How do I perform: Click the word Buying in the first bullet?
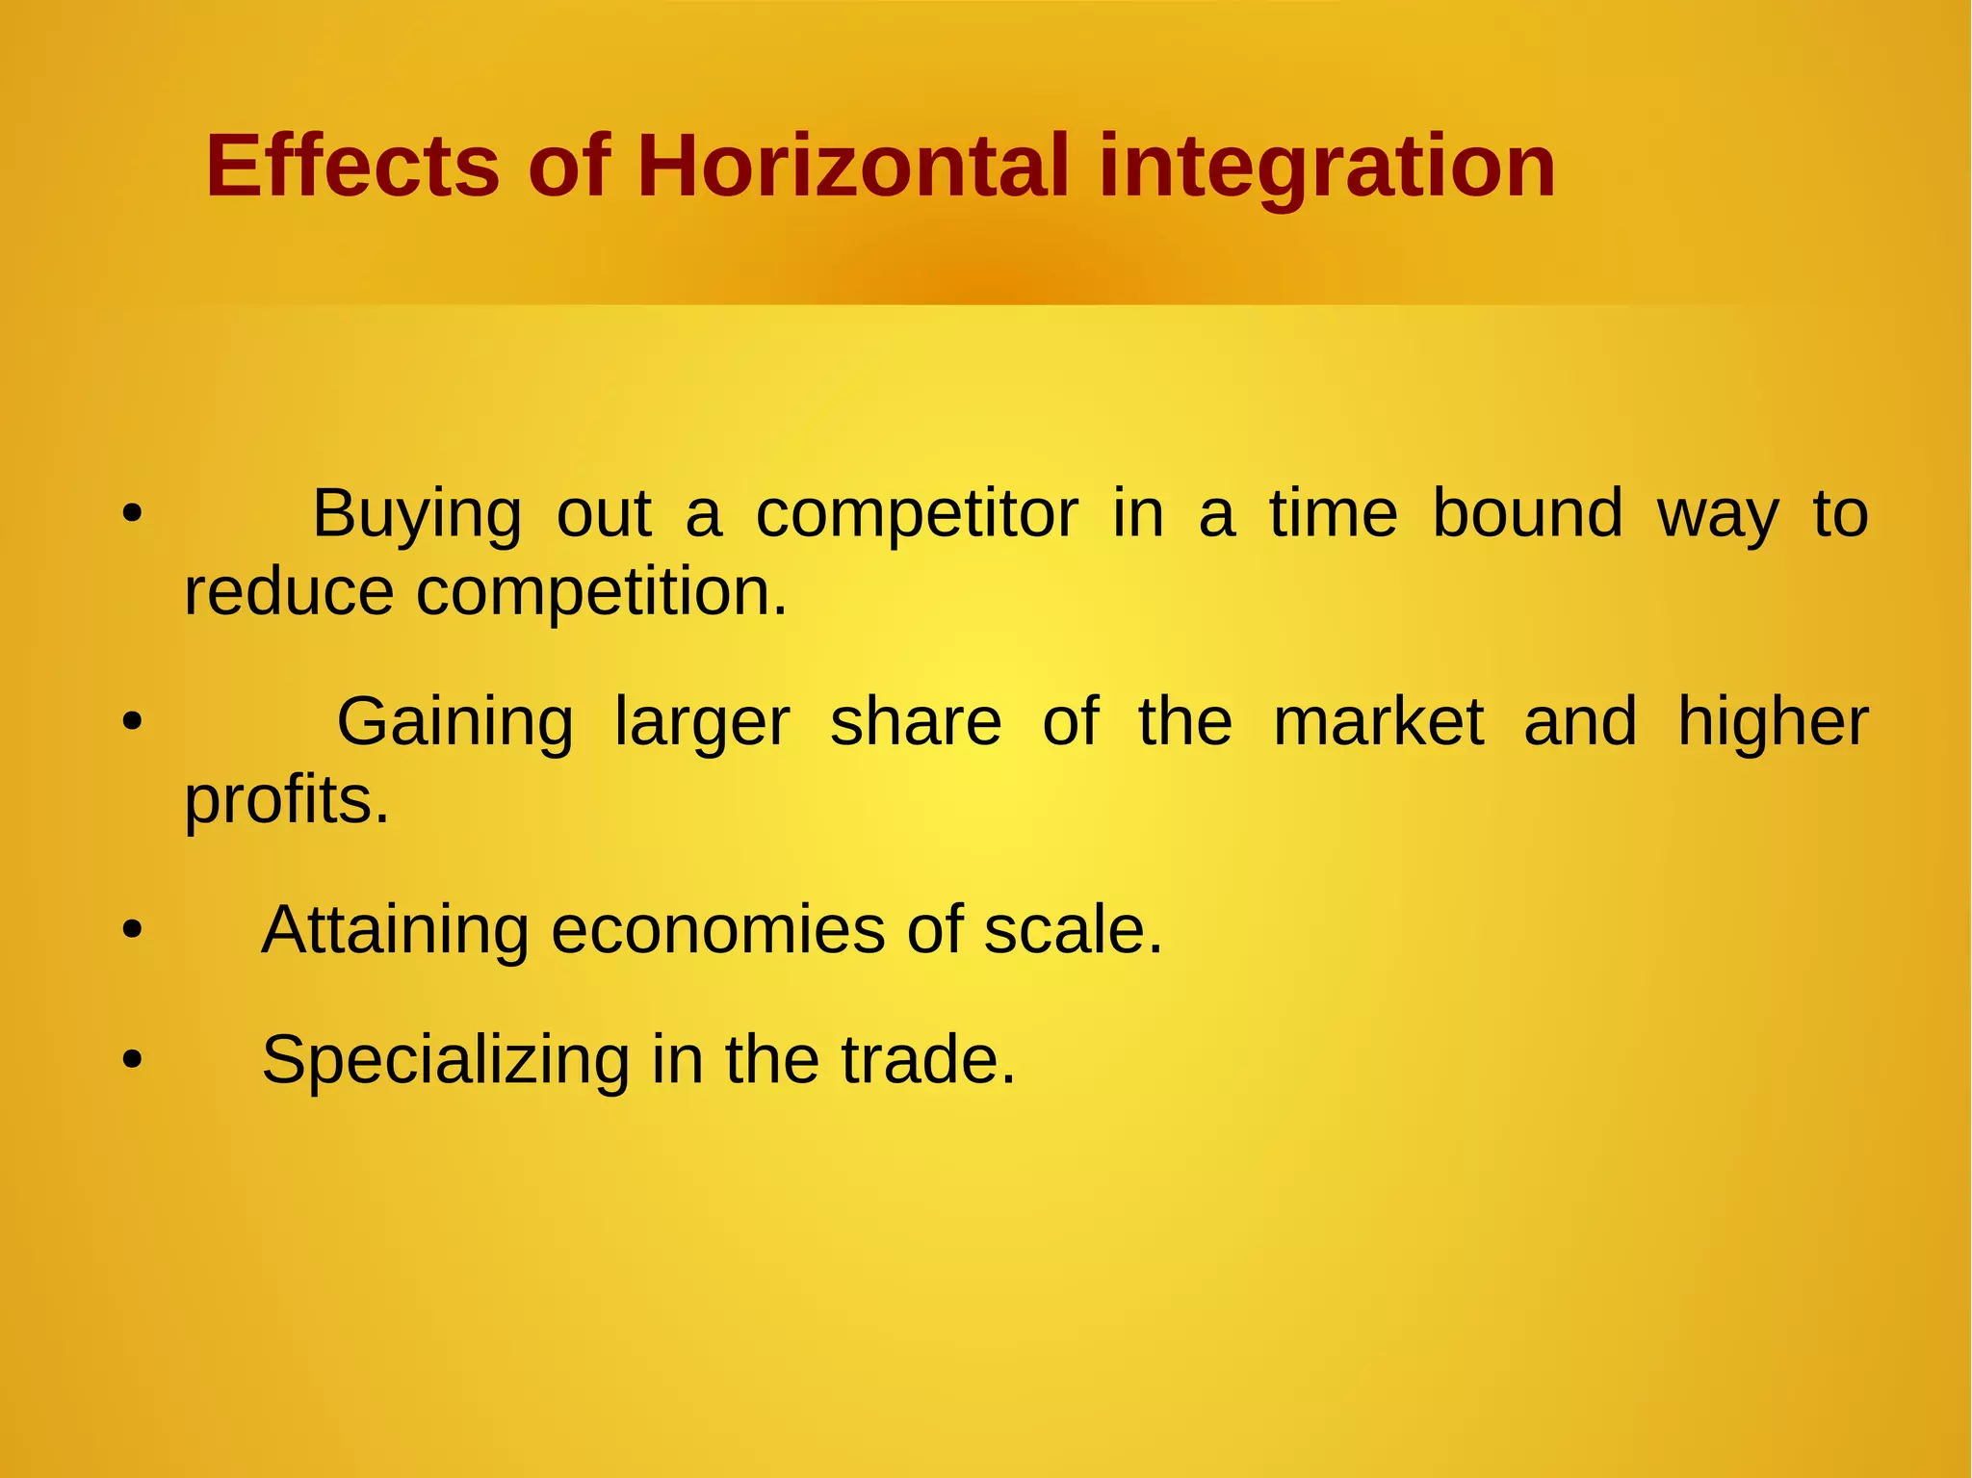(417, 515)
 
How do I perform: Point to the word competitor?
(917, 515)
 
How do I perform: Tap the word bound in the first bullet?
(1527, 513)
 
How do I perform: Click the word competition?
(602, 593)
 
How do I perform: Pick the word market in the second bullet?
(1378, 722)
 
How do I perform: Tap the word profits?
(287, 801)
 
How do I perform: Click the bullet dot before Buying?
(132, 514)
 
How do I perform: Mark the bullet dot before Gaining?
(132, 722)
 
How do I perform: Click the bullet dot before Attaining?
(132, 931)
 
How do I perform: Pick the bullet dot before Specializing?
(132, 1060)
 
